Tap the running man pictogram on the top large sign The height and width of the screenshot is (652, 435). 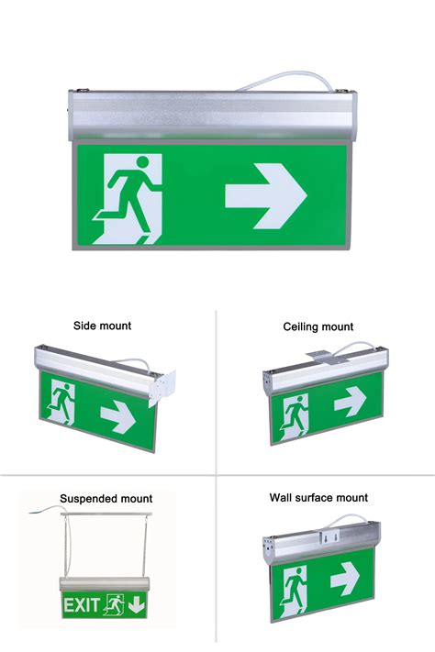pos(134,198)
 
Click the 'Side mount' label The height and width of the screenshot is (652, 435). pos(102,326)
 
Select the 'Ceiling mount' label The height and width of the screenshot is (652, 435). pos(318,326)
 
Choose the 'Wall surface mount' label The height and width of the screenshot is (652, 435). pos(318,498)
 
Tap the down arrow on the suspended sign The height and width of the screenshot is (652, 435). pos(136,604)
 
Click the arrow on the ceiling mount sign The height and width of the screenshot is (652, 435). pos(349,402)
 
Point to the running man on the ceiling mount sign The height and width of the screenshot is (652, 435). pos(296,410)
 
